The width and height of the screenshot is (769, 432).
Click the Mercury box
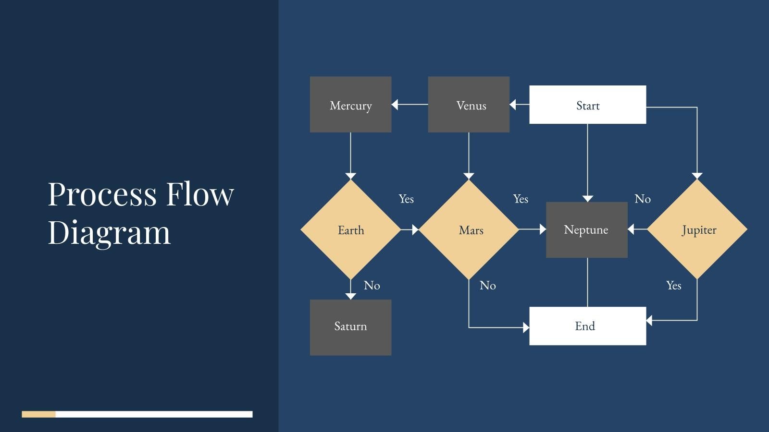[350, 105]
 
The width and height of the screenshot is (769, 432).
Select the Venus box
[469, 105]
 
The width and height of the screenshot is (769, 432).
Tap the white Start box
[587, 105]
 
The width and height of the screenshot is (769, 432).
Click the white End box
[587, 326]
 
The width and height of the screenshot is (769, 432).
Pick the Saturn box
[350, 327]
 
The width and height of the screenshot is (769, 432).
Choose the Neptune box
[586, 230]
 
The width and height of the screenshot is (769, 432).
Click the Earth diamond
[350, 230]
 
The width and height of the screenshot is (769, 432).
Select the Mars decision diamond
[469, 230]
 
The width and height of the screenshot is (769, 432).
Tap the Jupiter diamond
[697, 230]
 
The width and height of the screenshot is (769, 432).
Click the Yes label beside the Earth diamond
[406, 199]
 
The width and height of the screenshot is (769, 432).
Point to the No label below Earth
[372, 286]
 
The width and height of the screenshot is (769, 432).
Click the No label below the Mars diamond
[487, 286]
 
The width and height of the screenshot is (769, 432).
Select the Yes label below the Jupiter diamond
[673, 286]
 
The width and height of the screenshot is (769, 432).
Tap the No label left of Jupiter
[643, 199]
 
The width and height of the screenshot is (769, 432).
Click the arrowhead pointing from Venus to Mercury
[395, 104]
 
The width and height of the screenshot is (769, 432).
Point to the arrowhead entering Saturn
[350, 296]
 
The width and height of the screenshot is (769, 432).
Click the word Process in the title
[102, 194]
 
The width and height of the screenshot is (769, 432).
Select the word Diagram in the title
[109, 233]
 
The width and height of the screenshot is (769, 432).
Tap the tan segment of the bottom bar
[38, 414]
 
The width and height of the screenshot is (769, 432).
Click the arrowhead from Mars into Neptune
[543, 229]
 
